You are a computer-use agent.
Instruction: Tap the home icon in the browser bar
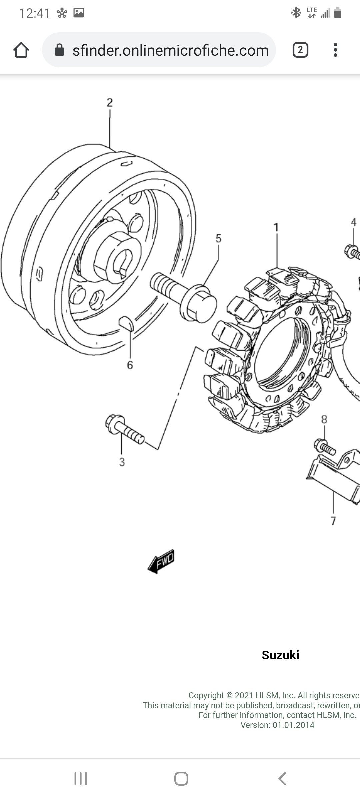point(21,50)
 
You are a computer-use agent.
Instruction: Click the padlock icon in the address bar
point(59,50)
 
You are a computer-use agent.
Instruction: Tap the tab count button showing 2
point(300,50)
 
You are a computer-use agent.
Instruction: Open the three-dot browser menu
point(335,50)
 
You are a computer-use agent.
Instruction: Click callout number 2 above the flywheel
point(110,103)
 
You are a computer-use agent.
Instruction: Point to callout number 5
point(218,238)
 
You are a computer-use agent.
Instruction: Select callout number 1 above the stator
point(276,227)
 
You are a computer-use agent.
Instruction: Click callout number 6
point(130,365)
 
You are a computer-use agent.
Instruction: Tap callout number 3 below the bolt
point(122,462)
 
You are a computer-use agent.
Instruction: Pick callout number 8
point(324,419)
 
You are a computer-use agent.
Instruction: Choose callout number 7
point(333,521)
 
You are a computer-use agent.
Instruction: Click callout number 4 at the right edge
point(354,222)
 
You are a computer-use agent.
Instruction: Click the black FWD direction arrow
point(161,562)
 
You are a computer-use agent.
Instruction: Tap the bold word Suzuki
point(280,655)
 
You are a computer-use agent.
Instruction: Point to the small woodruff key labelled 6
point(126,323)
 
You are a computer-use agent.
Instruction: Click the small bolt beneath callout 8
point(324,447)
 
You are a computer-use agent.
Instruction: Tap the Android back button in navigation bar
point(282,779)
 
